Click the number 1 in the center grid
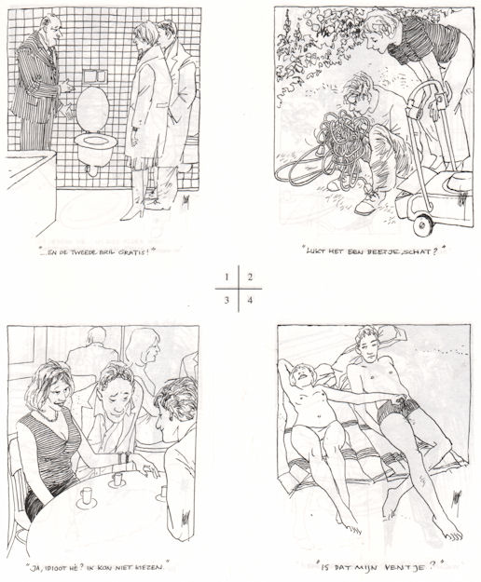[227, 277]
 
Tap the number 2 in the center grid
[250, 277]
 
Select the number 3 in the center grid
[227, 300]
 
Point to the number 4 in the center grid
[250, 300]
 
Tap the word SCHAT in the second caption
[416, 251]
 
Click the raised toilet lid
[92, 109]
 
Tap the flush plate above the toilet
[95, 76]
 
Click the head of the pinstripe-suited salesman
[51, 28]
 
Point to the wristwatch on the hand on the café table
[129, 457]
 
